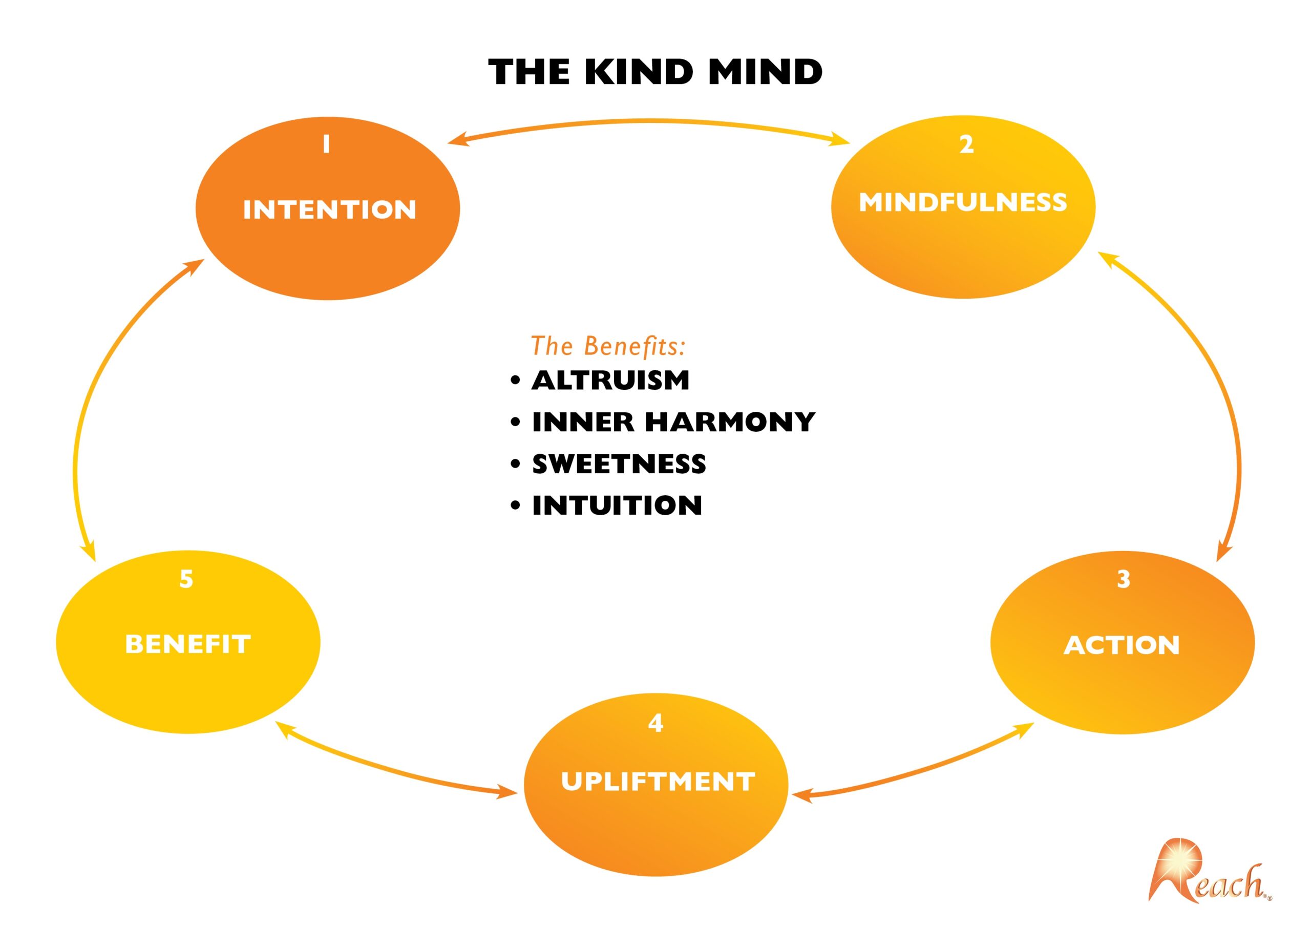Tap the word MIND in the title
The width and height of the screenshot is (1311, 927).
coord(766,72)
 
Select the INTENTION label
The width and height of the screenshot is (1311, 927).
coord(329,209)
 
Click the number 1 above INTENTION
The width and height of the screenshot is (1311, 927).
coord(327,144)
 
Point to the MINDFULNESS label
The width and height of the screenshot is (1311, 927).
coord(963,202)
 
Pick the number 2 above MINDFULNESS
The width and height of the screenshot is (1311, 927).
coord(966,144)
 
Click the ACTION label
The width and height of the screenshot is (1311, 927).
coord(1122,645)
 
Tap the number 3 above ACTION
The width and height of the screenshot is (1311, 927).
coord(1124,579)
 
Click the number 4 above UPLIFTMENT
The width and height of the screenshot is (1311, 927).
coord(655,723)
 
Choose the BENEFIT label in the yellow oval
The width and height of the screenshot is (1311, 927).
coord(188,644)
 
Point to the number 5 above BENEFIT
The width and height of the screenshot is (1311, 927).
coord(186,579)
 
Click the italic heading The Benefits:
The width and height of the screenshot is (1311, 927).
coord(608,346)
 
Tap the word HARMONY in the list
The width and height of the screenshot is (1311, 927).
coord(730,422)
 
